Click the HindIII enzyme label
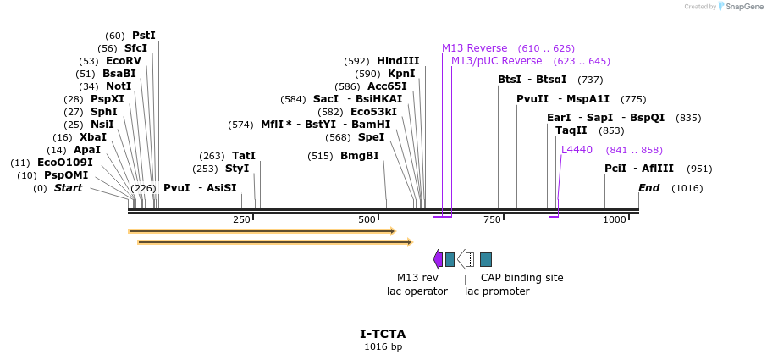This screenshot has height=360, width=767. click(398, 61)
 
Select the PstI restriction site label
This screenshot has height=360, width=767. click(144, 36)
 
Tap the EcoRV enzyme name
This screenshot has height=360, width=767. click(124, 61)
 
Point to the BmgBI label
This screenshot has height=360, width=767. click(360, 156)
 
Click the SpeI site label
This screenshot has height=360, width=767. click(371, 137)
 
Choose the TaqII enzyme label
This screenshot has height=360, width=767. click(571, 130)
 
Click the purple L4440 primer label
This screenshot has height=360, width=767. click(577, 150)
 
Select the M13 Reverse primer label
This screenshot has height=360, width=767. click(474, 48)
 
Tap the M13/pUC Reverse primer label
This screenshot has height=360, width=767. click(496, 61)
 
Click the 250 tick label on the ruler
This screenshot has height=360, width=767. click(241, 220)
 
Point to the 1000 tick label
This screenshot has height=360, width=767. click(614, 220)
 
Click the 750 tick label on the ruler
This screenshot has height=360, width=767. click(492, 220)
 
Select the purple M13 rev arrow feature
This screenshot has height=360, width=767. click(438, 259)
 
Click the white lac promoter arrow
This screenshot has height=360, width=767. click(465, 259)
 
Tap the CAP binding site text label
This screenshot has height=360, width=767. click(521, 278)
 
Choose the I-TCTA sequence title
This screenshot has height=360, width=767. click(383, 334)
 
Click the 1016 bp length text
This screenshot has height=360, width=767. click(383, 346)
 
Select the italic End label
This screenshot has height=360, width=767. click(648, 188)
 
